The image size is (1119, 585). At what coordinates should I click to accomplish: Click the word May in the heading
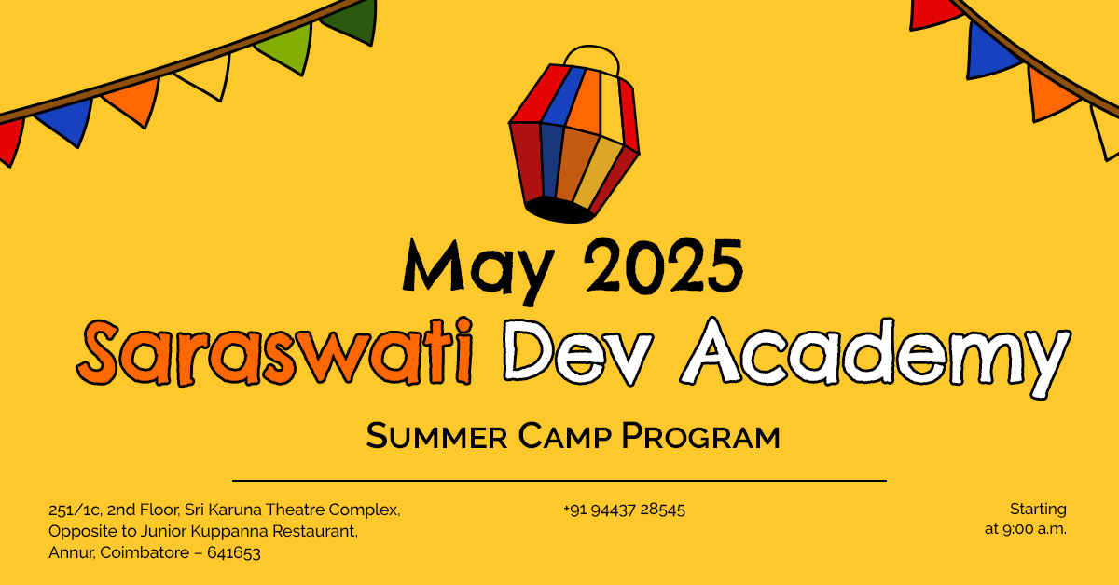[478, 270]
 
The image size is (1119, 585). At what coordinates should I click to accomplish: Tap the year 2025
[663, 265]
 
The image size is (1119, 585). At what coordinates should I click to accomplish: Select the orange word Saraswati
[274, 352]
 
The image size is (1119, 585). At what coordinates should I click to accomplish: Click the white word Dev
[578, 352]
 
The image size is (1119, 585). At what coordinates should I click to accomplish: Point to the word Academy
[876, 357]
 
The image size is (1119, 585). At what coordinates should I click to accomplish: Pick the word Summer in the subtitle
[436, 436]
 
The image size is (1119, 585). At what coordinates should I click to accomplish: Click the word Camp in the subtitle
[564, 436]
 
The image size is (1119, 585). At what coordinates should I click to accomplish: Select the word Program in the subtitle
[700, 436]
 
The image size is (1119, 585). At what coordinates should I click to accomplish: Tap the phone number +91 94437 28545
[624, 510]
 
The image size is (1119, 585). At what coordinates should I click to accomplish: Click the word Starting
[1038, 510]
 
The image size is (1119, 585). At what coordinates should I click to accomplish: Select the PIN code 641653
[234, 553]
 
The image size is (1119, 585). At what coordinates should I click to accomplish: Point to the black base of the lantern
[559, 211]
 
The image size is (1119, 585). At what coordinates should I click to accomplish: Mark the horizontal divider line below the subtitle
[559, 481]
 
